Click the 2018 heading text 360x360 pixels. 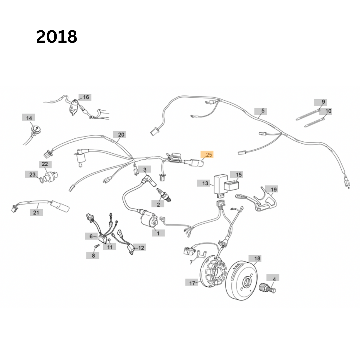point(57,37)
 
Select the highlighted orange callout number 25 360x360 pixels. point(207,155)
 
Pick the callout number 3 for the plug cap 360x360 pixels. point(145,170)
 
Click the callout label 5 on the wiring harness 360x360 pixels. point(263,111)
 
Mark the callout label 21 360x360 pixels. point(36,212)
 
